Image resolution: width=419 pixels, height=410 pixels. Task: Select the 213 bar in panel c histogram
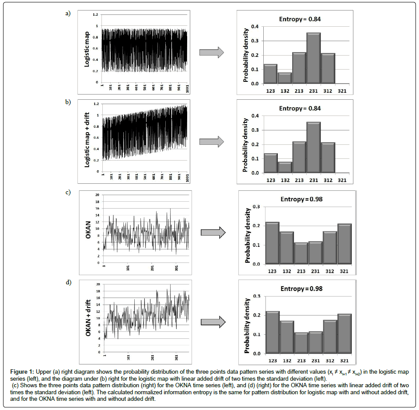tap(301, 253)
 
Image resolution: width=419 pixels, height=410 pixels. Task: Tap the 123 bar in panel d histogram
tap(272, 332)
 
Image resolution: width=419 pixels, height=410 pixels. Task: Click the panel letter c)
tap(68, 193)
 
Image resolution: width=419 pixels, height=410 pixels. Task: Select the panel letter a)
tap(68, 14)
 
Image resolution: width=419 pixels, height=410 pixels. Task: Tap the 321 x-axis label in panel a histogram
tap(342, 90)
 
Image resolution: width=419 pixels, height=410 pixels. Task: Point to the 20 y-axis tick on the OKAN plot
tap(97, 195)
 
